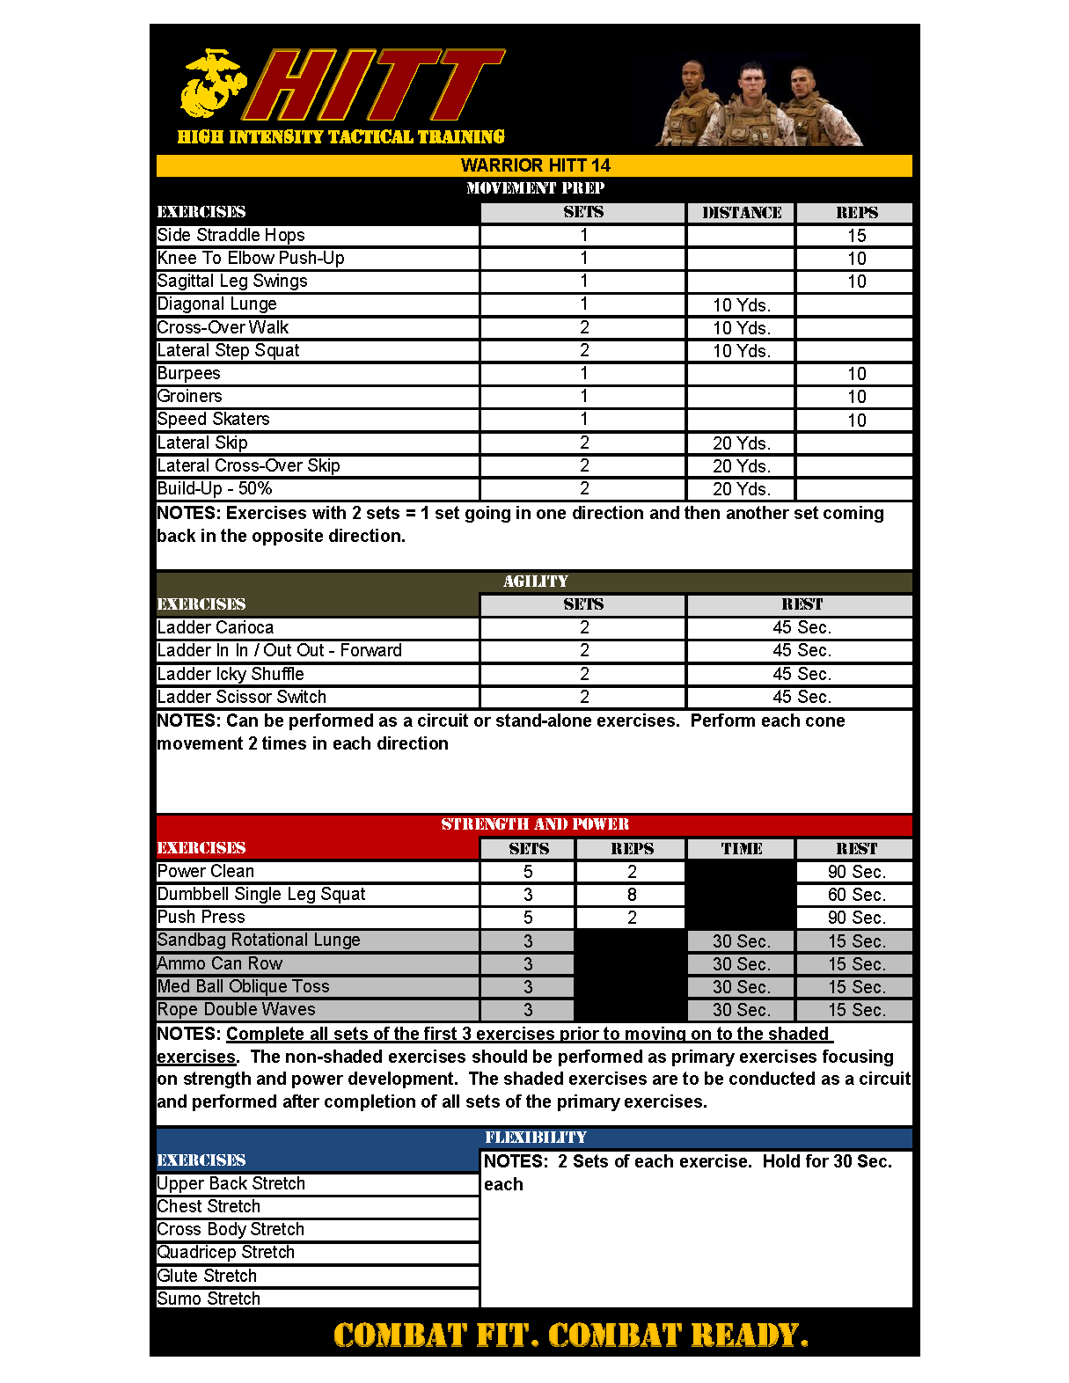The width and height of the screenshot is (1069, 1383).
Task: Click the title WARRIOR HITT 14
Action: tap(535, 165)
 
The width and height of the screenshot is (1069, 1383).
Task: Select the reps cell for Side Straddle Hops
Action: tap(856, 236)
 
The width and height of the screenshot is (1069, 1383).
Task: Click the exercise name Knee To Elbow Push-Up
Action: tap(251, 258)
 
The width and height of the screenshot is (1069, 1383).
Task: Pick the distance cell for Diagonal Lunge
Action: tap(741, 305)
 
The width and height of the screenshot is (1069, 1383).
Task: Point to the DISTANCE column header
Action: tap(741, 213)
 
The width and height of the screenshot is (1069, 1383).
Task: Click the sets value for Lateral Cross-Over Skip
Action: tap(584, 465)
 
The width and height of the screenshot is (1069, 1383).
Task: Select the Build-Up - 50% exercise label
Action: tap(215, 488)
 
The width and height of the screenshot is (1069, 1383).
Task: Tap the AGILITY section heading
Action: tap(535, 582)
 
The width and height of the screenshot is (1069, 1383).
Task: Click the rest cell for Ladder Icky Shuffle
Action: tap(801, 674)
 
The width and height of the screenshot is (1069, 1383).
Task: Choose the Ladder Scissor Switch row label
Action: tap(242, 697)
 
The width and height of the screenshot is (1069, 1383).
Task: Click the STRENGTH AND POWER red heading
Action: tap(535, 824)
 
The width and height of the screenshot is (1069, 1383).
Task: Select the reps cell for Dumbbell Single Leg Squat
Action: tap(632, 895)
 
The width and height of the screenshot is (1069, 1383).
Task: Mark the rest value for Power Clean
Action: tap(856, 872)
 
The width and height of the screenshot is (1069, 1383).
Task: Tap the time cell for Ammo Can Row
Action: tap(741, 964)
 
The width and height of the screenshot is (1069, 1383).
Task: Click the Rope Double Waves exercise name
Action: tap(236, 1009)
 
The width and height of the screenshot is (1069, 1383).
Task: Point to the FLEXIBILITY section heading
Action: tap(535, 1138)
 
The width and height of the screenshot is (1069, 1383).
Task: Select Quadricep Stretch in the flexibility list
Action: tap(226, 1252)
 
